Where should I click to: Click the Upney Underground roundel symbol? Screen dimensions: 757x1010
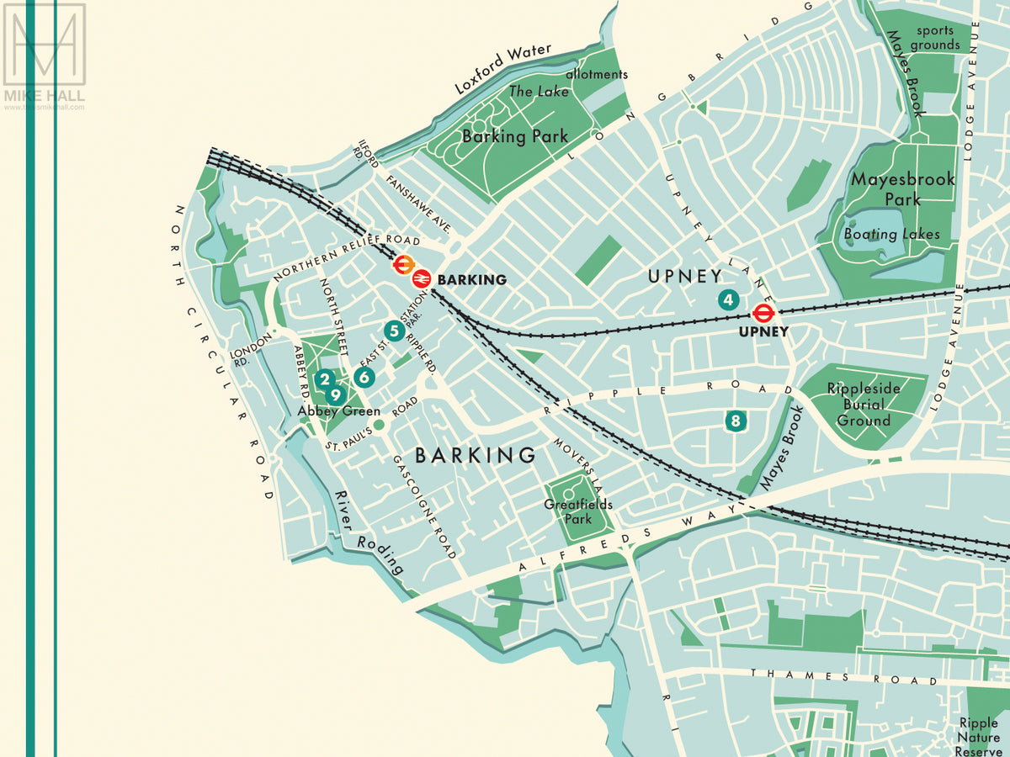click(763, 314)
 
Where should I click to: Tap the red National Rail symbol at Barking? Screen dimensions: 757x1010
click(422, 278)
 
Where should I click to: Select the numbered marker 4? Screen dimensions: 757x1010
click(728, 299)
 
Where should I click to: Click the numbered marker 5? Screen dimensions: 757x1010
click(392, 331)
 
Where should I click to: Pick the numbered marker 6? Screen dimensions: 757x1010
click(364, 377)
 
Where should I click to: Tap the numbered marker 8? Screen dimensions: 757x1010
click(736, 421)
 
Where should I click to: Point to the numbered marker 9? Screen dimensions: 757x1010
click(335, 394)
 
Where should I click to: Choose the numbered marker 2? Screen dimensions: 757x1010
click(324, 379)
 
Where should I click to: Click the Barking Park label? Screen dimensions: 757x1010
click(515, 136)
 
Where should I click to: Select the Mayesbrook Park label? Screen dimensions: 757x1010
click(890, 189)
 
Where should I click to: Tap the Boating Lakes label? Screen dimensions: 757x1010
click(891, 234)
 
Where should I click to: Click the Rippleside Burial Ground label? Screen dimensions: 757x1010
click(864, 405)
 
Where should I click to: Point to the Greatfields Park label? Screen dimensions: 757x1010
click(577, 511)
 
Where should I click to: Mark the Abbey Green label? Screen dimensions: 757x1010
click(339, 411)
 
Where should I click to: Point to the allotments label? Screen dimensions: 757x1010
click(597, 74)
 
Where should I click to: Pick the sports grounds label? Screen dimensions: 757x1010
click(934, 38)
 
